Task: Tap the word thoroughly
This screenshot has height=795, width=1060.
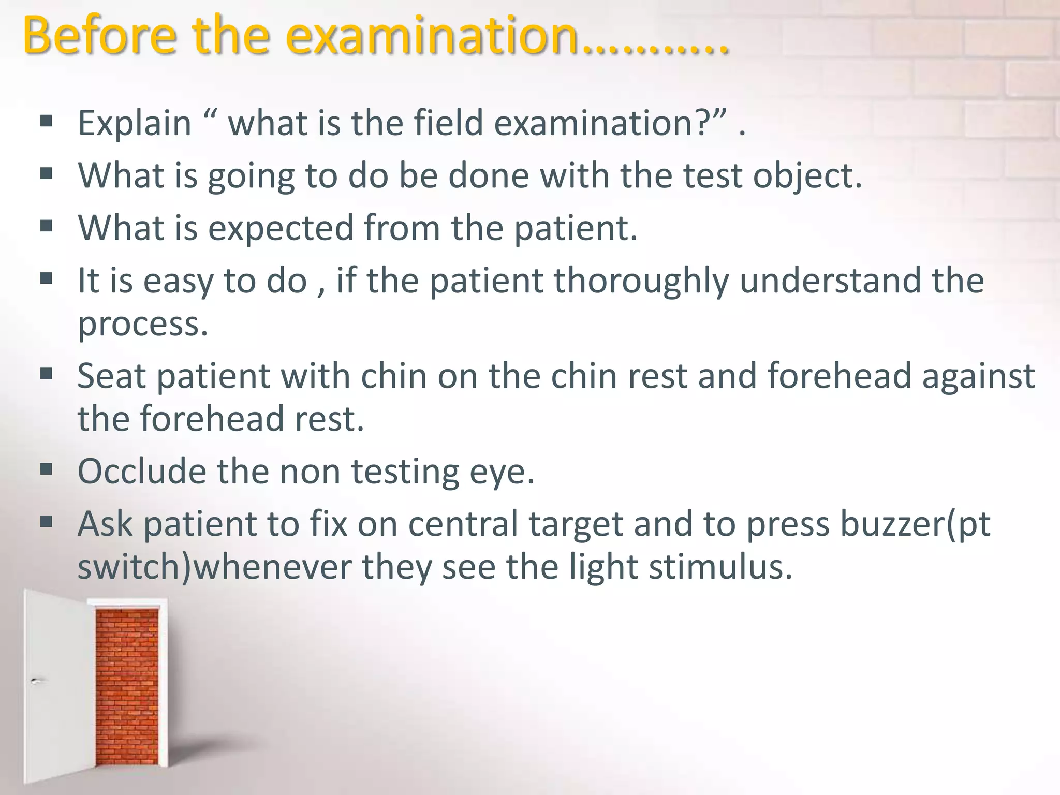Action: tap(641, 281)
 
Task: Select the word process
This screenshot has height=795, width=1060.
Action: tap(142, 325)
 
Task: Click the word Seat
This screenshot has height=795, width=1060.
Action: tap(111, 376)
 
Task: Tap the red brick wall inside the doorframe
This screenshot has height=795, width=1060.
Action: tap(127, 688)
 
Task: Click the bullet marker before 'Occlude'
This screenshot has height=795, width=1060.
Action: tap(46, 469)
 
